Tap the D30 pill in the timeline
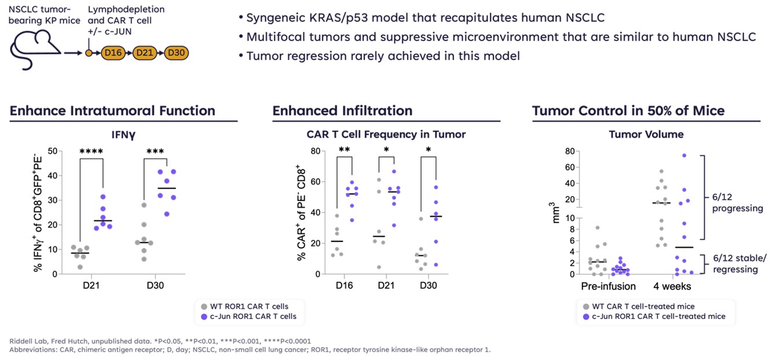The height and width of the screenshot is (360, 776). point(175,53)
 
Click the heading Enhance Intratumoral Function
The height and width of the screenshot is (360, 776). point(112,111)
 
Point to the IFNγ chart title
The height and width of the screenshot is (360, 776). point(123,135)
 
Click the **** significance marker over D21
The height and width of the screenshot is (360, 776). point(91,152)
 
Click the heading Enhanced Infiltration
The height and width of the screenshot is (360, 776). point(342,111)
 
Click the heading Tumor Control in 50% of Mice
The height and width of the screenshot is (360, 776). point(628,111)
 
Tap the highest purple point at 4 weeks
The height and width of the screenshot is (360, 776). point(684,156)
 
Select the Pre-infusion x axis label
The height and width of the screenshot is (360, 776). point(607,286)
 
